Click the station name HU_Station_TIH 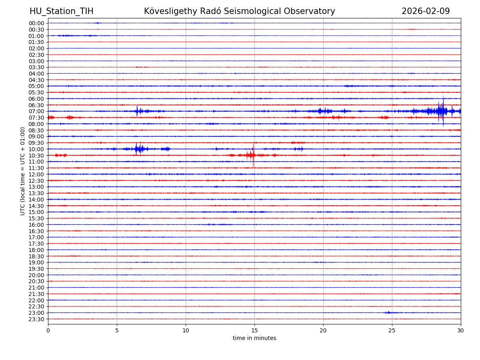(61, 11)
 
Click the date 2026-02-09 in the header (426, 11)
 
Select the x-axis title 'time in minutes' (254, 338)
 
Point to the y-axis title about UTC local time (23, 171)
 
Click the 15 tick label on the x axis (254, 330)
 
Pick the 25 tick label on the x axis (392, 330)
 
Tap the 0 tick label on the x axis (48, 330)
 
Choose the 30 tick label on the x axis (461, 330)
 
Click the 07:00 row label (36, 111)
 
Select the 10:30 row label (36, 155)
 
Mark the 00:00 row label (36, 23)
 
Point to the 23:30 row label (36, 319)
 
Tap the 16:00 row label (36, 225)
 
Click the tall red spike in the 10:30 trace (253, 155)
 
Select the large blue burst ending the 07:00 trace (440, 111)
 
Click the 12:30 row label (36, 181)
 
